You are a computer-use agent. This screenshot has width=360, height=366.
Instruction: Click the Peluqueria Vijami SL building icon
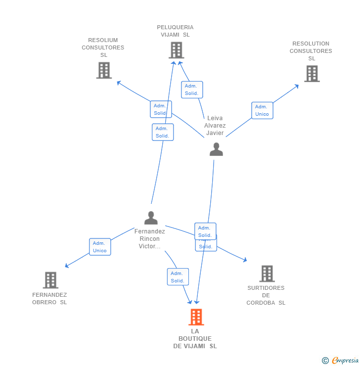click(176, 50)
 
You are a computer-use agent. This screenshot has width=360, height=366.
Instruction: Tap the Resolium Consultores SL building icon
click(104, 70)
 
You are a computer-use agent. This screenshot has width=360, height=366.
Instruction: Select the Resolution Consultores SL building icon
click(312, 74)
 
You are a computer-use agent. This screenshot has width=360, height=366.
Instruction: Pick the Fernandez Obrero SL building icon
click(50, 280)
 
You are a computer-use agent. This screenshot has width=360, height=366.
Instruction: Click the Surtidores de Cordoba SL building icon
click(267, 274)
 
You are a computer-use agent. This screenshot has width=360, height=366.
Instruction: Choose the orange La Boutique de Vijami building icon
click(196, 317)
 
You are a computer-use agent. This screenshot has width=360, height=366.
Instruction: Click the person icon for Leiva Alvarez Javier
click(216, 149)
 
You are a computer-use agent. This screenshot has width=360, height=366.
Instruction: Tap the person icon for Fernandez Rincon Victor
click(151, 218)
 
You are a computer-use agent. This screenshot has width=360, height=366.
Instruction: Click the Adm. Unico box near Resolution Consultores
click(262, 110)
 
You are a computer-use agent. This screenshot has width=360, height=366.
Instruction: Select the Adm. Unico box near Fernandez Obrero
click(100, 247)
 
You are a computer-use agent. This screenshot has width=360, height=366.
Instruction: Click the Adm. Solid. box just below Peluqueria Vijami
click(191, 90)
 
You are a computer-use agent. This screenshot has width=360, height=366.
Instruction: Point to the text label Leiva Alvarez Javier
click(215, 126)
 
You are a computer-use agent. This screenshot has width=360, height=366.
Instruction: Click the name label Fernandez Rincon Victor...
click(150, 239)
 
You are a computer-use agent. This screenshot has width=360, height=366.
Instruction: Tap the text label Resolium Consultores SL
click(103, 47)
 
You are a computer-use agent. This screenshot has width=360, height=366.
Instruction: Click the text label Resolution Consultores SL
click(311, 51)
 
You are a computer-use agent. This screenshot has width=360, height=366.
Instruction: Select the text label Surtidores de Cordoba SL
click(266, 295)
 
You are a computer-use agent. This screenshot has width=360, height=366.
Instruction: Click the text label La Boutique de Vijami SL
click(195, 339)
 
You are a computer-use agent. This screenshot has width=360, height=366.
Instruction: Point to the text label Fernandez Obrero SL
click(49, 298)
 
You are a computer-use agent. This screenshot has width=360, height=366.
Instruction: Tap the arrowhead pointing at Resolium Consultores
click(118, 82)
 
